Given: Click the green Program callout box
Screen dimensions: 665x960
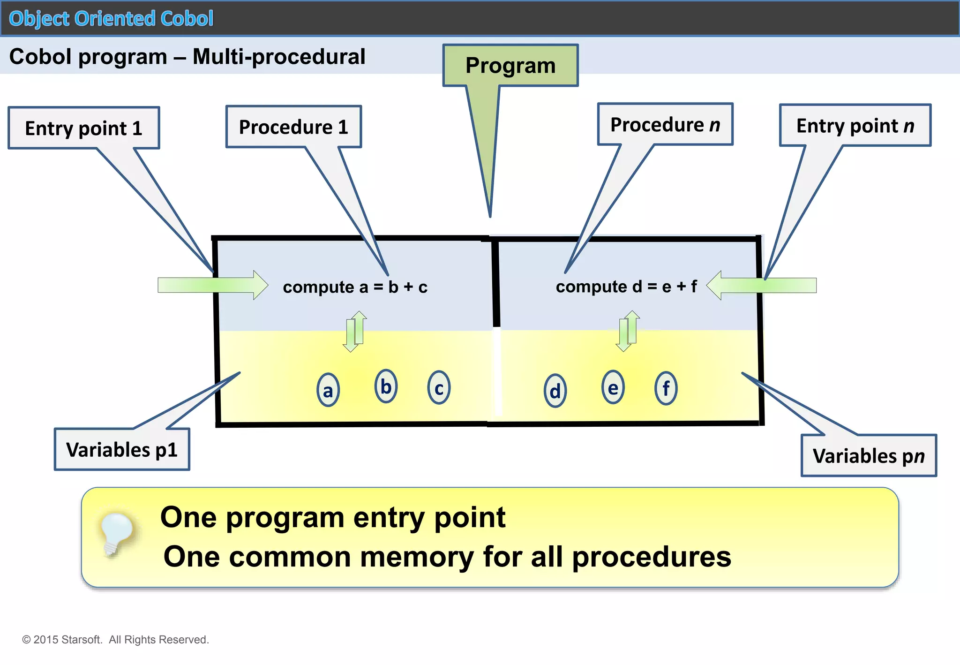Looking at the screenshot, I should (x=510, y=66).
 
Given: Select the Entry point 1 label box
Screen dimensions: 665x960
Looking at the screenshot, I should (x=83, y=128).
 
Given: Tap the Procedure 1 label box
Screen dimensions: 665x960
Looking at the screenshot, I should (x=293, y=127).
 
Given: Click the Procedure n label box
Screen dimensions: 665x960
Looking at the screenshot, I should (x=665, y=125).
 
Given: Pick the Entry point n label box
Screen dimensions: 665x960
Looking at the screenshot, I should (x=855, y=126).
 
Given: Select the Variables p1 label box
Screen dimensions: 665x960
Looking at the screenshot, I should (x=122, y=449).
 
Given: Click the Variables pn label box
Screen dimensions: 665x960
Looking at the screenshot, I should (x=869, y=455).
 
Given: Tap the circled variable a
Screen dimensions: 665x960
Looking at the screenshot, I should (x=328, y=390).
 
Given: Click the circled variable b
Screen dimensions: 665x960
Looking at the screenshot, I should (x=386, y=386).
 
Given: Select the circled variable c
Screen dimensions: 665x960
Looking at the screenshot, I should (x=439, y=388).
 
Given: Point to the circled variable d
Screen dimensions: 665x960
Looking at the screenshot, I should (x=555, y=391).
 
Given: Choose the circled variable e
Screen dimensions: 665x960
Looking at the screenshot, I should (x=613, y=387).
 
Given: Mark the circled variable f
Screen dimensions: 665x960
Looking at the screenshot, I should (x=666, y=388).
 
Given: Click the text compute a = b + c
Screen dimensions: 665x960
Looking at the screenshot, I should (x=355, y=287).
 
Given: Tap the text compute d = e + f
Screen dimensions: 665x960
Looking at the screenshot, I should (x=626, y=287).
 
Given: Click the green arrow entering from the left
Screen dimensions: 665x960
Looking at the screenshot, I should (x=213, y=285).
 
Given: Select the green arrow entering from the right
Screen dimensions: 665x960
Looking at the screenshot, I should (x=761, y=285).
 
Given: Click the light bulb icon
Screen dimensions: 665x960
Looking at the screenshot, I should (x=115, y=533).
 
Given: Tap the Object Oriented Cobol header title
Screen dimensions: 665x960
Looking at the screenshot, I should (x=111, y=19).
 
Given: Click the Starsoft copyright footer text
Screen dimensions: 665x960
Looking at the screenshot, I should (x=115, y=640).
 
